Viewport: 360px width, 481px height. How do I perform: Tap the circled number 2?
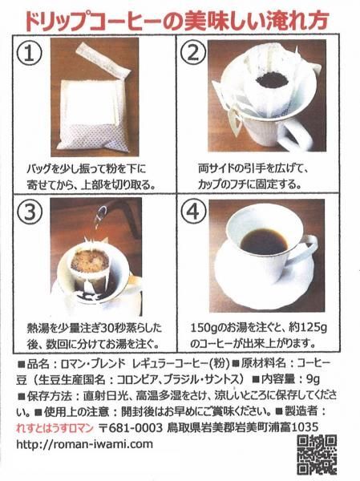192,53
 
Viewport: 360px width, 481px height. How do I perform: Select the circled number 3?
30,212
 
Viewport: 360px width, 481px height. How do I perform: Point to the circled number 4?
193,212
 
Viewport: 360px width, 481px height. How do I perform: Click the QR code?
317,455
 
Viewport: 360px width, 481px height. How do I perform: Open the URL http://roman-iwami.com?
84,444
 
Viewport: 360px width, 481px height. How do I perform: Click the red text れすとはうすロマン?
55,427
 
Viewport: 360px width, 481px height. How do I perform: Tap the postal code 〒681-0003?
130,427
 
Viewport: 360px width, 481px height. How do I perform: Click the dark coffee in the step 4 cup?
264,241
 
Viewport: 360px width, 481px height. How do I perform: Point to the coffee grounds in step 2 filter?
273,80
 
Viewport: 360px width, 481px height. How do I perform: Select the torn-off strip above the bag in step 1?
103,62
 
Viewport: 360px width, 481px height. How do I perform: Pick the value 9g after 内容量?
313,379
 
